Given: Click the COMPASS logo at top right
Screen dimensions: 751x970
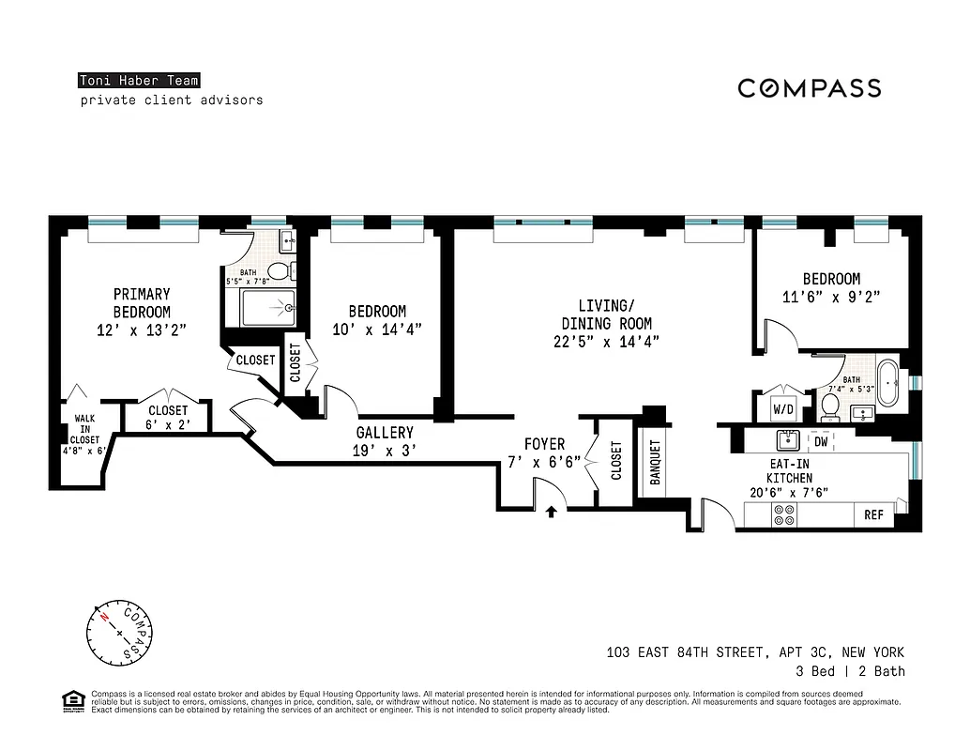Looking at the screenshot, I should [809, 88].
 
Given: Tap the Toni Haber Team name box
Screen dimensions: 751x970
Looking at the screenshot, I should [138, 81].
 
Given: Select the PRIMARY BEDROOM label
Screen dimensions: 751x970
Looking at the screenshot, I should [142, 303].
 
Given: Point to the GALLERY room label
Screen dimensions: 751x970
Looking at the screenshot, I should [385, 433].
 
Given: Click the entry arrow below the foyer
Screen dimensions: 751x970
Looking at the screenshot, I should [552, 512].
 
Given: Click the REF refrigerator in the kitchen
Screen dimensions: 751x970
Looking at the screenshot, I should [873, 515].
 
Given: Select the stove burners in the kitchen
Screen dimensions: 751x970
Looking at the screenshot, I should [782, 514].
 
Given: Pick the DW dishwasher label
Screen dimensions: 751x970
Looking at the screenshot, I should [821, 440].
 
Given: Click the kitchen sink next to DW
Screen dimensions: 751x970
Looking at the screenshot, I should [785, 440].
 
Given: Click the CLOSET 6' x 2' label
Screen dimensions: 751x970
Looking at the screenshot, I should [168, 417].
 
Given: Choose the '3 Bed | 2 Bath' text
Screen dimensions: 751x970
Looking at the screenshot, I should [849, 671].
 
